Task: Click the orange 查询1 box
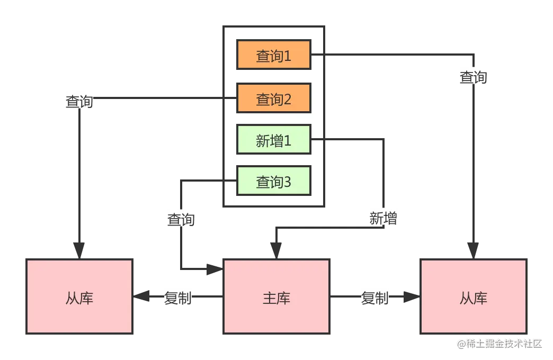coord(273,55)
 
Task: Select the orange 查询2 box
coord(273,98)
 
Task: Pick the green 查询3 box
coord(273,182)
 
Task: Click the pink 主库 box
coord(276,296)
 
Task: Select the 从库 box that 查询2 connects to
coord(80,296)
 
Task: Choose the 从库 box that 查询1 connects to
coord(474,296)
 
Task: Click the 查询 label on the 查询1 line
coord(472,77)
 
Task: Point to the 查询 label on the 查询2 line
coord(79,101)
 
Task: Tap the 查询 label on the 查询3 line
coord(181,219)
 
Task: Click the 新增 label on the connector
coord(383,218)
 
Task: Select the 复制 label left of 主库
coord(177,298)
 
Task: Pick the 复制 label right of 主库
coord(375,298)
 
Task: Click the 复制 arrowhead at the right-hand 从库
coord(407,297)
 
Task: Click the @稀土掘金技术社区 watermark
coord(500,343)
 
